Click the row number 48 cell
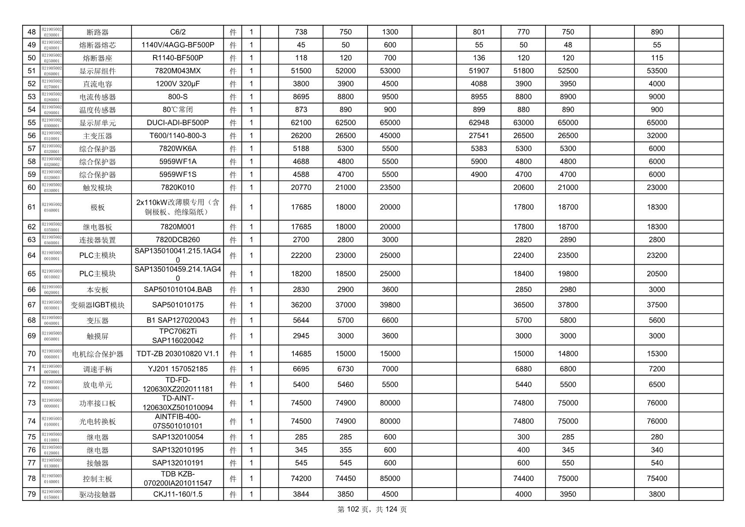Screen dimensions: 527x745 point(31,32)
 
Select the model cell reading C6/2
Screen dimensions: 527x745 point(177,32)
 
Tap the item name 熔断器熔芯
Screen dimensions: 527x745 point(97,45)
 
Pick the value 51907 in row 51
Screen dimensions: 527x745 point(479,71)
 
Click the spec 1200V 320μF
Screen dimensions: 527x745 point(177,84)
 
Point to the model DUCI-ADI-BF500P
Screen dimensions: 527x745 point(177,123)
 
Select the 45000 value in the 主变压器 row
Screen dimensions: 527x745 point(390,135)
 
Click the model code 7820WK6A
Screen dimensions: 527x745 point(177,148)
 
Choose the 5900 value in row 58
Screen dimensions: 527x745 point(479,162)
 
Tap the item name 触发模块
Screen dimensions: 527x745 point(97,188)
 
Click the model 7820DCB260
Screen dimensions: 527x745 point(177,239)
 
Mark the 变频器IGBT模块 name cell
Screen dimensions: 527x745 point(97,305)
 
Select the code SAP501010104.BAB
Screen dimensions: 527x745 point(177,289)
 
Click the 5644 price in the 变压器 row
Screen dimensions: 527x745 point(301,320)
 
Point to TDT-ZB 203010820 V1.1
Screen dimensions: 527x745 point(177,354)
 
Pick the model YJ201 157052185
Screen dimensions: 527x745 point(177,369)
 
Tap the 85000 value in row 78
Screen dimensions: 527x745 point(390,478)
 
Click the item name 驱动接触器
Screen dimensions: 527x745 point(97,494)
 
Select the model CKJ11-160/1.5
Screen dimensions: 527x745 point(177,494)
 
